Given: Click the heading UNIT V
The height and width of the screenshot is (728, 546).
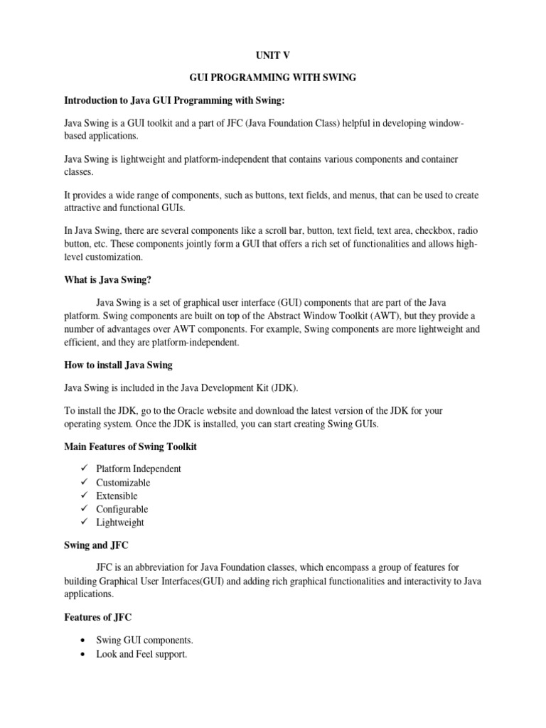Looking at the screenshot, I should click(272, 54).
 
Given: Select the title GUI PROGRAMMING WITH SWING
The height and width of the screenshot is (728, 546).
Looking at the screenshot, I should click(272, 77).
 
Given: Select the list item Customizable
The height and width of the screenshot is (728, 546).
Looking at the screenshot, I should click(123, 483).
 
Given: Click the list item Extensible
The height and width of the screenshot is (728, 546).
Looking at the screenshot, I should click(117, 496).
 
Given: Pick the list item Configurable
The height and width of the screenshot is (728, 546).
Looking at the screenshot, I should click(122, 509).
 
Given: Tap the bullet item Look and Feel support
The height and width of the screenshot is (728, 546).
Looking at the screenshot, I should click(141, 654).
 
